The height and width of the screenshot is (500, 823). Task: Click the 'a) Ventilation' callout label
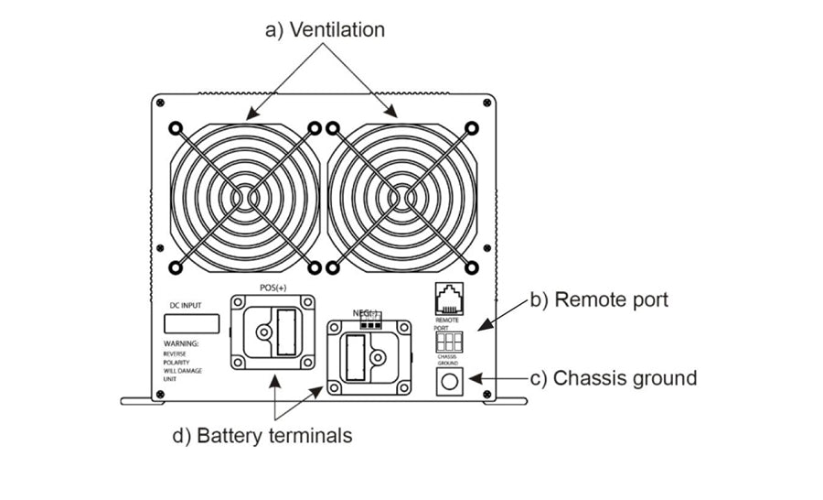point(325,29)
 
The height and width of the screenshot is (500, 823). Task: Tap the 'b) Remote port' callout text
point(599,299)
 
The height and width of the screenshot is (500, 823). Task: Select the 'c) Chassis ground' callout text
point(613,377)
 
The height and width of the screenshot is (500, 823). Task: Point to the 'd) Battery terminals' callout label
point(262,435)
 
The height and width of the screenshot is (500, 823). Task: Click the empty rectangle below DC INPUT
point(191,323)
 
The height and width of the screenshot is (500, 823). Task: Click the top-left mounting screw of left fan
point(176,128)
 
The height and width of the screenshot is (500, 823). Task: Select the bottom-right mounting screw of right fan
point(472,267)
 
